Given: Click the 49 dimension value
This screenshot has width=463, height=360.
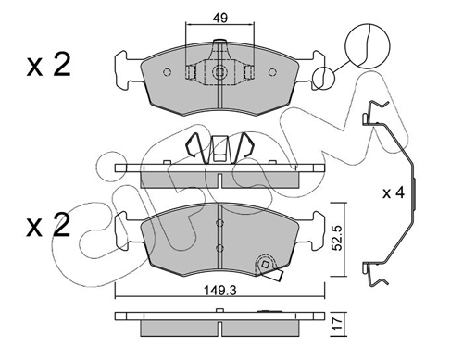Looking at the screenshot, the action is [219, 18].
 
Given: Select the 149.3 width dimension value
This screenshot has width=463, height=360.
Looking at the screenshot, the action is [220, 291].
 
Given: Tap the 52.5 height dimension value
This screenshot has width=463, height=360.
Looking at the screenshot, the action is [337, 238].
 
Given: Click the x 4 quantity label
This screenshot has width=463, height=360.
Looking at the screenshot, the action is [394, 193].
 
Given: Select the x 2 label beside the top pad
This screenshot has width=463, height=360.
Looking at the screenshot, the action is [49, 65].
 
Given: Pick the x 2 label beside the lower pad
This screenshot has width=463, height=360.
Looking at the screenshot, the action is [49, 226].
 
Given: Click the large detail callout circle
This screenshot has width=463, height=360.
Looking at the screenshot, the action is [368, 45].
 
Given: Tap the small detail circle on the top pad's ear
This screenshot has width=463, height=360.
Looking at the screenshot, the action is [323, 78].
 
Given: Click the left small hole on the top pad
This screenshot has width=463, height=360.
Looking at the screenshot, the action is [167, 72].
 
